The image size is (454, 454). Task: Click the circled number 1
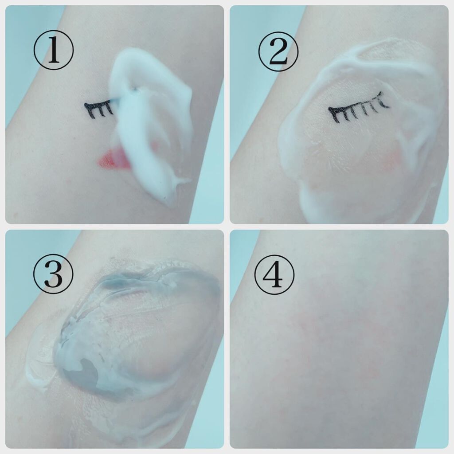54,50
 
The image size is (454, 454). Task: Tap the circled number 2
278,51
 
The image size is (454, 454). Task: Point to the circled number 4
274,274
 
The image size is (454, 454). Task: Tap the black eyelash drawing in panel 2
358,107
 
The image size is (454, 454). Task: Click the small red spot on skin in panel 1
68,182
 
